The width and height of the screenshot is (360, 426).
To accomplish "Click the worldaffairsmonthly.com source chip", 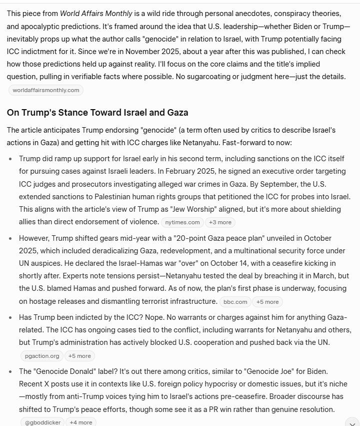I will (x=46, y=90).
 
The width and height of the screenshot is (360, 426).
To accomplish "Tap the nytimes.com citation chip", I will (x=180, y=222).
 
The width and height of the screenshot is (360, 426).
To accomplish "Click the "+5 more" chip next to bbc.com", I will (x=267, y=302).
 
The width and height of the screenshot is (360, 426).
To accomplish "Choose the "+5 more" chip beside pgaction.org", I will (x=80, y=356).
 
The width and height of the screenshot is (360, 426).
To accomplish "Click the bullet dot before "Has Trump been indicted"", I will (x=11, y=317).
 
